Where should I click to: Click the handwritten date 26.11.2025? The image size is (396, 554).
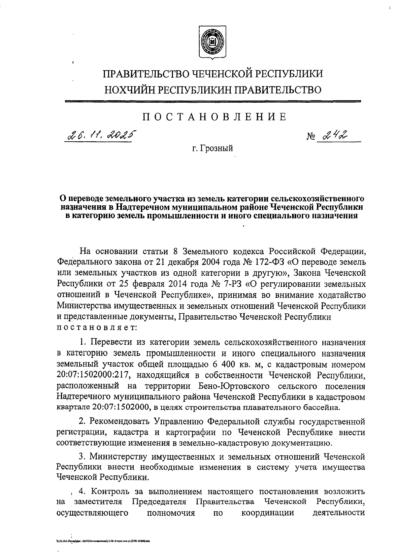point(101,135)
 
